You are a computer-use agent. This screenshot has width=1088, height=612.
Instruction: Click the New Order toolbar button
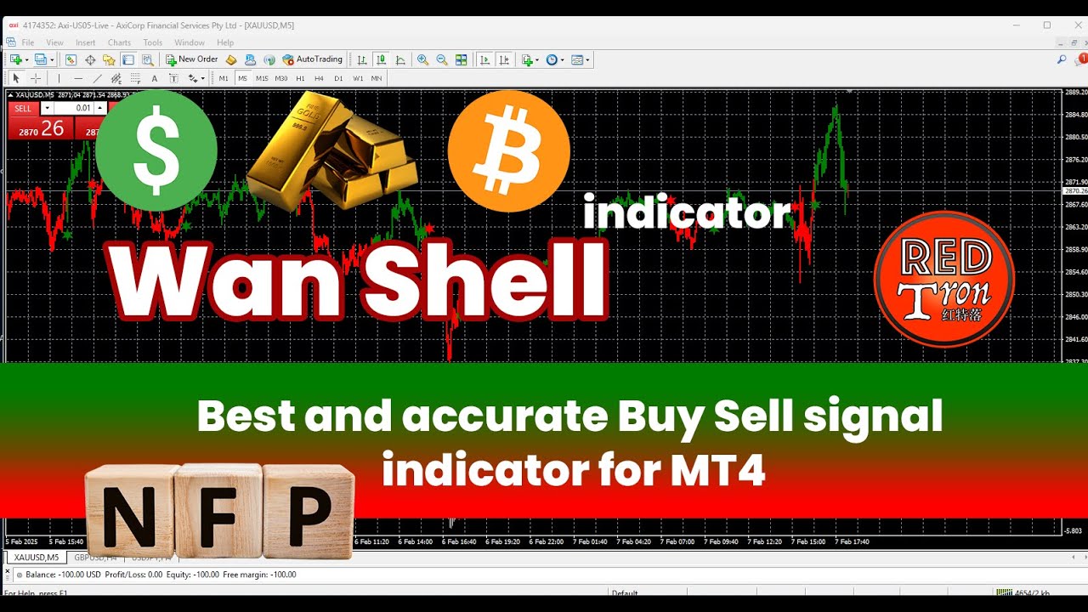pyautogui.click(x=192, y=59)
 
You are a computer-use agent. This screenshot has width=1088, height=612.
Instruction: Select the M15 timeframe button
pyautogui.click(x=262, y=78)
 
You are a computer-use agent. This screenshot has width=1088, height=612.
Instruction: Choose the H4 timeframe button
pyautogui.click(x=320, y=78)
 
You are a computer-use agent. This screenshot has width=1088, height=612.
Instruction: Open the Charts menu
pyautogui.click(x=119, y=42)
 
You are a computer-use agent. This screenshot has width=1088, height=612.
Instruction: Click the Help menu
pyautogui.click(x=225, y=42)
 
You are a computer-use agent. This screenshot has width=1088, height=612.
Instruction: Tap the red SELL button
pyautogui.click(x=23, y=109)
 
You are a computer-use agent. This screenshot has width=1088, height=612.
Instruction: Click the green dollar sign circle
pyautogui.click(x=156, y=150)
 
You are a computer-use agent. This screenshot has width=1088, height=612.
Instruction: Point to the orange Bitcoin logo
pyautogui.click(x=508, y=151)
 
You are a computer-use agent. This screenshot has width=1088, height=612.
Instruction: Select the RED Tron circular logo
pyautogui.click(x=943, y=279)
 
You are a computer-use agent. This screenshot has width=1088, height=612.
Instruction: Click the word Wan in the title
pyautogui.click(x=225, y=280)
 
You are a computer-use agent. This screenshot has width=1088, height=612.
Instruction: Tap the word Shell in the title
pyautogui.click(x=484, y=280)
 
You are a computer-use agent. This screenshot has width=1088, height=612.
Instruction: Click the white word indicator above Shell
pyautogui.click(x=687, y=212)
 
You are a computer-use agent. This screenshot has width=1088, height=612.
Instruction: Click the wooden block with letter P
pyautogui.click(x=308, y=510)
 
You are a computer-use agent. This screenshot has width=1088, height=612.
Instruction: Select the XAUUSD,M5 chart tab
pyautogui.click(x=37, y=558)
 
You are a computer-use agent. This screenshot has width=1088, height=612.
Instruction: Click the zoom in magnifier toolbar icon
pyautogui.click(x=422, y=59)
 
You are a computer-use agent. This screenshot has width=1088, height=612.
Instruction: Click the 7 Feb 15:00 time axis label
pyautogui.click(x=807, y=541)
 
